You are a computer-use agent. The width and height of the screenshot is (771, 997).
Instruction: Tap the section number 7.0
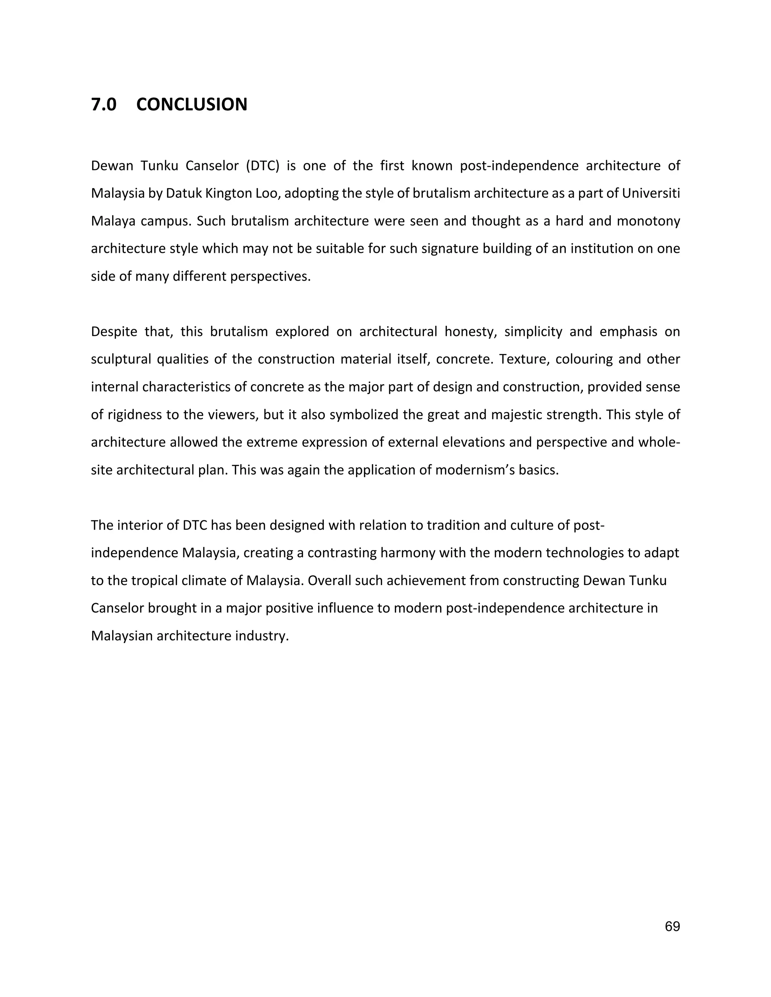(x=104, y=105)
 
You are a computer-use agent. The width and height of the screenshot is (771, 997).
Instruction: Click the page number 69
(x=672, y=926)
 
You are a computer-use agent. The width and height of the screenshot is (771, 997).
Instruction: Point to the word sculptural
(x=120, y=359)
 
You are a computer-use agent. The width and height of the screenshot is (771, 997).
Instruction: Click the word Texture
(x=518, y=359)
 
